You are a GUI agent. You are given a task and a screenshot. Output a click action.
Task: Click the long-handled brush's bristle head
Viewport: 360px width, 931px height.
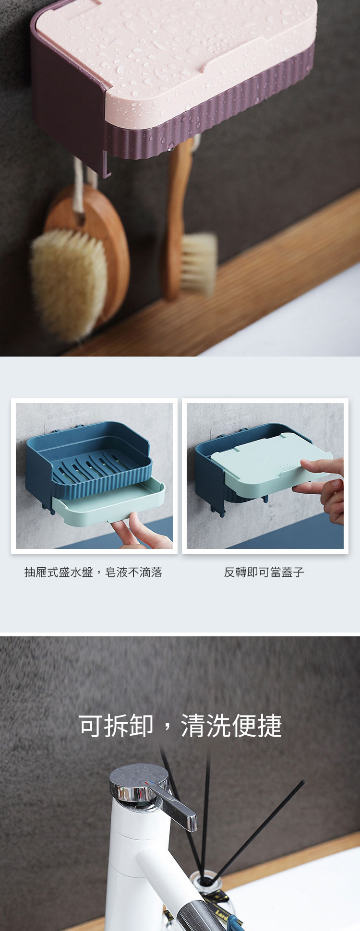click(198, 263)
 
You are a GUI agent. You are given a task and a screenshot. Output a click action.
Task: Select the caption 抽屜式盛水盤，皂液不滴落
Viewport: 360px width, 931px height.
click(93, 572)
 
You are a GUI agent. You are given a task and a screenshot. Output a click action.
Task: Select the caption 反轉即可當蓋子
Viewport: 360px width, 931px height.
click(264, 572)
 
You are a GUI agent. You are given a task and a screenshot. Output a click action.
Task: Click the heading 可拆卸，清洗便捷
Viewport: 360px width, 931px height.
click(180, 725)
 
